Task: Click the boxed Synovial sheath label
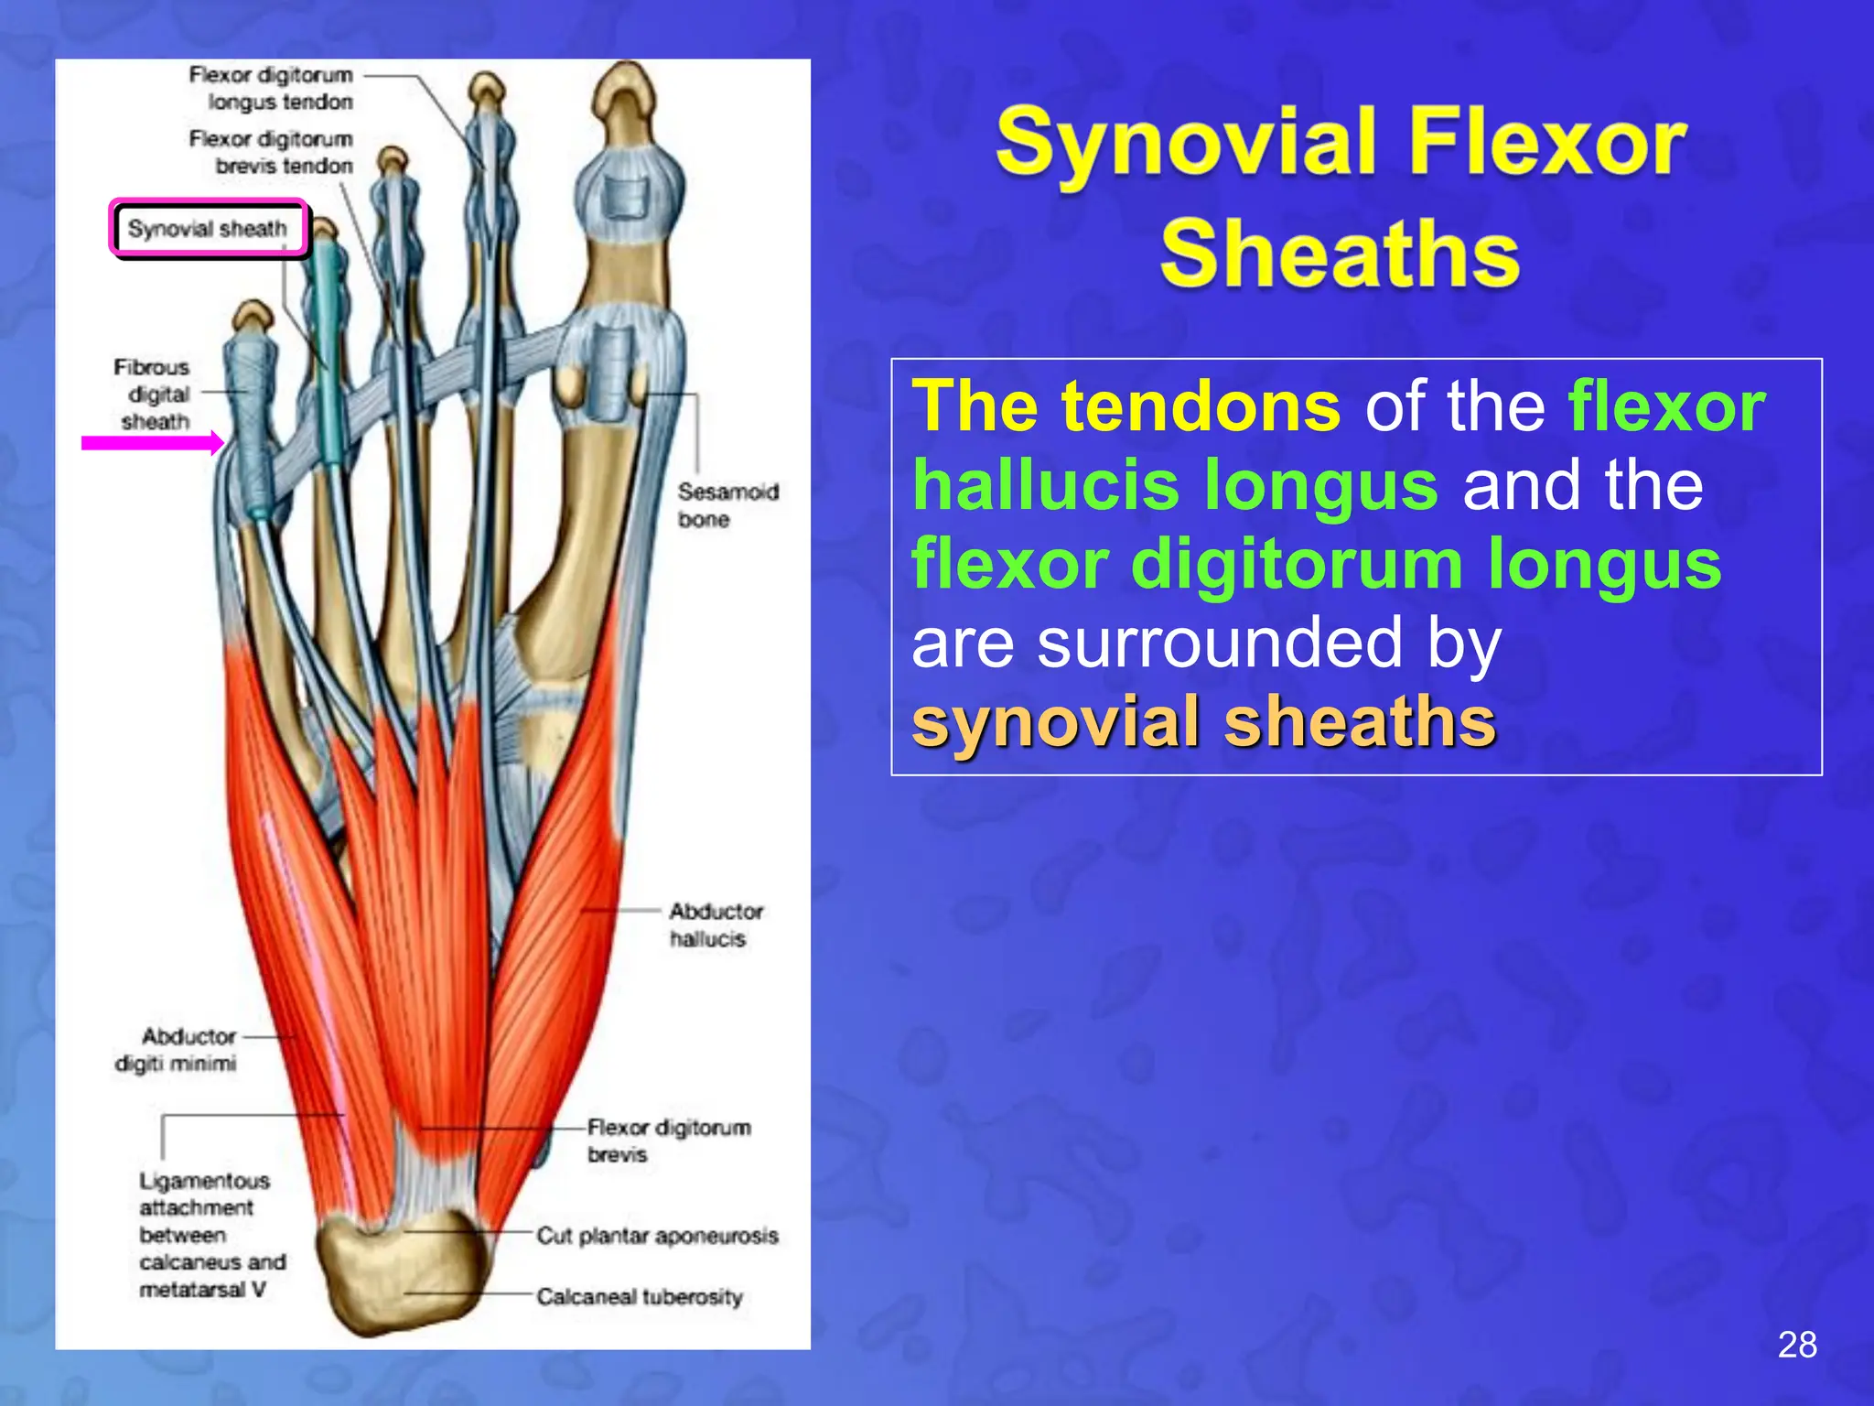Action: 208,229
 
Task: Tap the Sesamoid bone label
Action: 727,505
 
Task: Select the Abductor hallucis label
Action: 715,925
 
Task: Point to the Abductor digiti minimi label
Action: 177,1050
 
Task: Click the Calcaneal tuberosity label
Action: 639,1296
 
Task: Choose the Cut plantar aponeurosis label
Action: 656,1236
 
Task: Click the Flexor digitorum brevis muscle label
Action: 668,1141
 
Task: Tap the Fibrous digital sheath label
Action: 154,395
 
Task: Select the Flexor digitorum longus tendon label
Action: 272,88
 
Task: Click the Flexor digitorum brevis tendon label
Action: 272,152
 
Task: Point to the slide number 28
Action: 1797,1345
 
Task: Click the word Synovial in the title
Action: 1186,142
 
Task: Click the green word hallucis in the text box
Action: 1175,485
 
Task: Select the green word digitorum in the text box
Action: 1297,564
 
